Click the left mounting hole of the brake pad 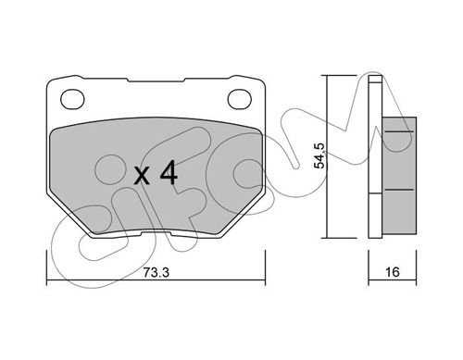(x=72, y=99)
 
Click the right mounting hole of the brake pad (x=240, y=99)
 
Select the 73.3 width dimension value (x=156, y=272)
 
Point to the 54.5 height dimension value (x=319, y=155)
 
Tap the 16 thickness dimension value (x=393, y=272)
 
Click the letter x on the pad (x=143, y=176)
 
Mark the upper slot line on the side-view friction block (x=399, y=131)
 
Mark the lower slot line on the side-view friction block (x=399, y=190)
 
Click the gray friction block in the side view (x=399, y=176)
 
